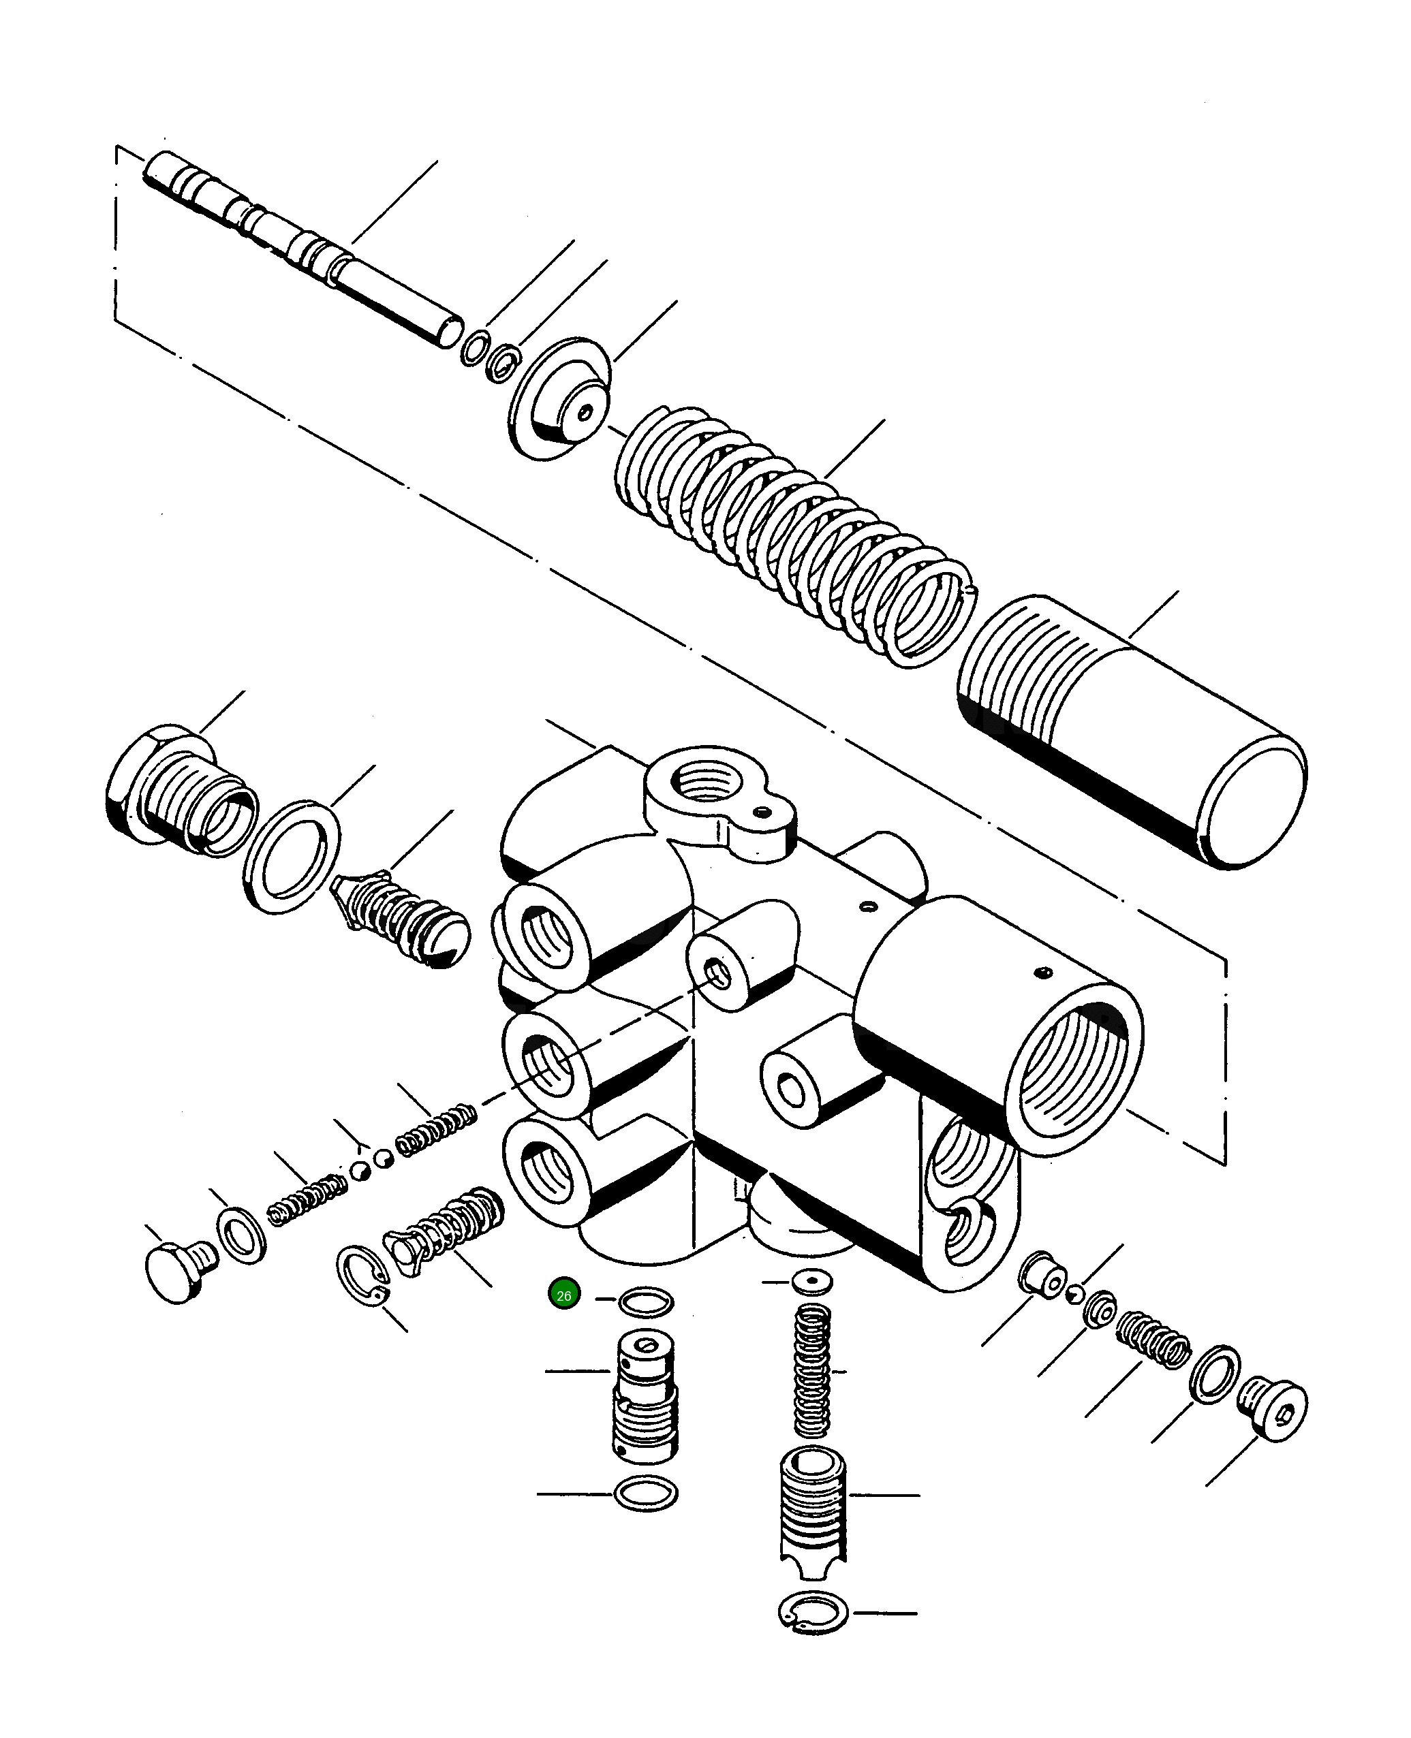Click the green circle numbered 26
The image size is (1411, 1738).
point(564,1295)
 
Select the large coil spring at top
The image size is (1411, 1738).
point(792,536)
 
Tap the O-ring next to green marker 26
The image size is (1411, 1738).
point(646,1301)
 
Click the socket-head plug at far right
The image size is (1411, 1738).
point(1272,1408)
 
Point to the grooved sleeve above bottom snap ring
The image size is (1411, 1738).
point(813,1503)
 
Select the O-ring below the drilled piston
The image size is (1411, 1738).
point(646,1494)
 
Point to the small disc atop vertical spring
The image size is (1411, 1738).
point(812,1282)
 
